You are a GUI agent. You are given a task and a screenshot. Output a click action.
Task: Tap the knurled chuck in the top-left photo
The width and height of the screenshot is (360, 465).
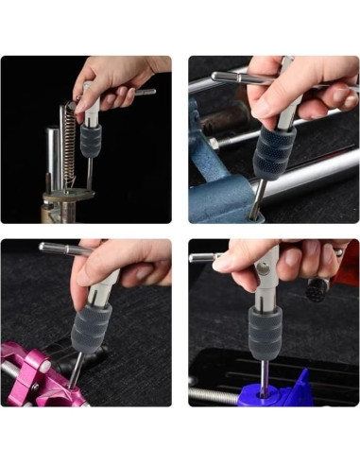pos(92,140)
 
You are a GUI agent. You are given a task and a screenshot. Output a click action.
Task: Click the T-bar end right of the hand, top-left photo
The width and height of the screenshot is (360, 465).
pos(145,92)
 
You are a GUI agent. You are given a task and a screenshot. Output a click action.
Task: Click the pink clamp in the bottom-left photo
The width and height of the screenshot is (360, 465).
pos(38,373)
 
